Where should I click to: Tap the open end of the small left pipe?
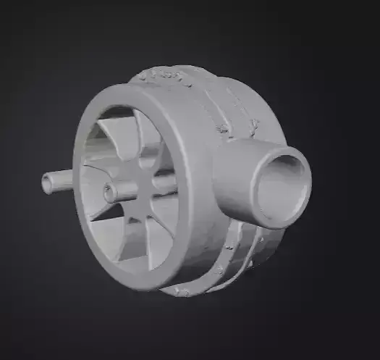coord(48,184)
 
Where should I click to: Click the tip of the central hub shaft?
coord(109,193)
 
